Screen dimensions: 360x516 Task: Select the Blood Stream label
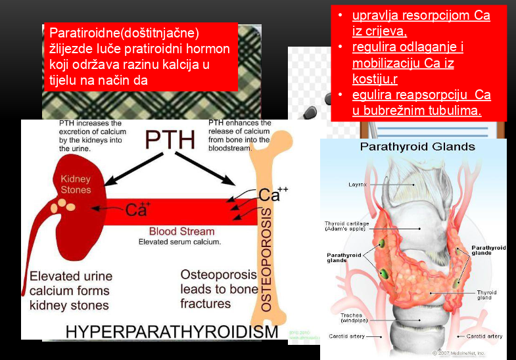[181, 231]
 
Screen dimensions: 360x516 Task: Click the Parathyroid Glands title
[417, 146]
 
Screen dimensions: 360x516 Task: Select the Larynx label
[358, 185]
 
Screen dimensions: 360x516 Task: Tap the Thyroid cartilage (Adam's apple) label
[347, 226]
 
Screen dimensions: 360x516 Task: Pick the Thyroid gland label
[486, 294]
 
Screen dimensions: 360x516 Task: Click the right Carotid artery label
[484, 336]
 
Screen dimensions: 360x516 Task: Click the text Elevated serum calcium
[179, 242]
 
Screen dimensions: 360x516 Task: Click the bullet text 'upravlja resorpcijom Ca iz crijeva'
[421, 23]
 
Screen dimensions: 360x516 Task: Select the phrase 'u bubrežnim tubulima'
[417, 110]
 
